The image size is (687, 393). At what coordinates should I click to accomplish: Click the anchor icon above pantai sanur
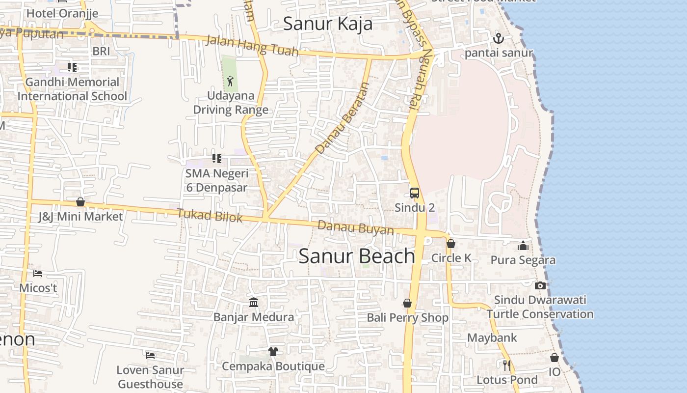coord(499,38)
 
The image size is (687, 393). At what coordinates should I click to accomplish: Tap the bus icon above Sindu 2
coord(415,193)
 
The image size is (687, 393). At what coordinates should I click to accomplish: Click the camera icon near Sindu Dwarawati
coord(540,285)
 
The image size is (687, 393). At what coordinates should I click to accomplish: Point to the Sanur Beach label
coord(357,256)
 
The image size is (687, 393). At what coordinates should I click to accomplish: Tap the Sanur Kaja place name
coord(328,24)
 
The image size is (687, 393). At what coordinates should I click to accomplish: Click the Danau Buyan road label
coord(356,228)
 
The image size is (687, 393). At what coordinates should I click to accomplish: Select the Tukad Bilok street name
coord(210,215)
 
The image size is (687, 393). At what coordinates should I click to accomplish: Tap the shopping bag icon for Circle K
coord(451,244)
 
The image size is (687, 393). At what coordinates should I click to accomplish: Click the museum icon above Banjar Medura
coord(254,302)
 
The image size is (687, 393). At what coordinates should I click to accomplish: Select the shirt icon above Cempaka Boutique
coord(273,352)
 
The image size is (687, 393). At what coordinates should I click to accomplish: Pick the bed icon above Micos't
coord(38,273)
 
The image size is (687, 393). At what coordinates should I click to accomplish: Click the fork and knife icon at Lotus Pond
coord(507,365)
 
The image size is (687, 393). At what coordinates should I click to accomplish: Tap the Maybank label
coord(492,338)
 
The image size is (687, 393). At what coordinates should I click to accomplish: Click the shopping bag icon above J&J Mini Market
coord(80,202)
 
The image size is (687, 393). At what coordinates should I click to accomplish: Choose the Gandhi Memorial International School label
coord(72,89)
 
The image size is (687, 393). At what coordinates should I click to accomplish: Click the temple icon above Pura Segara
coord(523,245)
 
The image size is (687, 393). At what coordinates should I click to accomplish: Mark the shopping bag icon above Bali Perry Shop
coord(407,303)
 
